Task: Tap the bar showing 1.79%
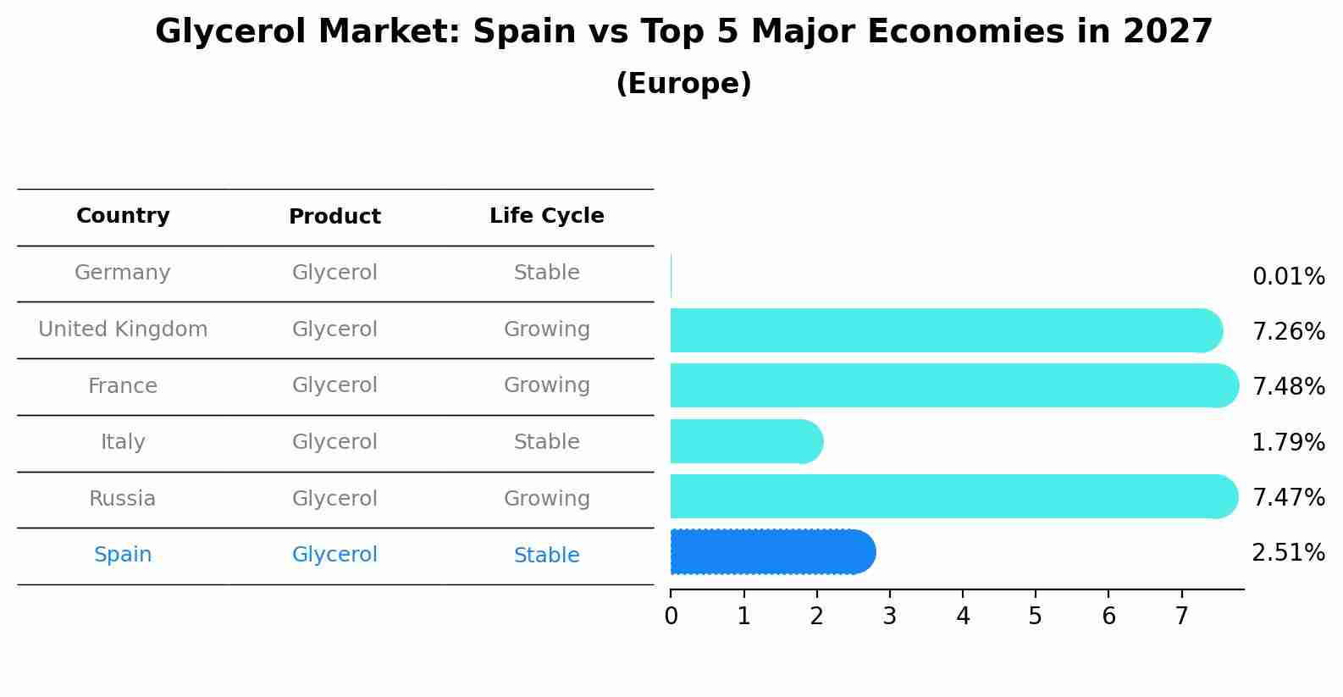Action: tap(746, 441)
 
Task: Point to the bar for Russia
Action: tap(953, 496)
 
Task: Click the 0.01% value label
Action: tap(1288, 277)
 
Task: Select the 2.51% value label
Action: tap(1288, 553)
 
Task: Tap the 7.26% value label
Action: tap(1288, 331)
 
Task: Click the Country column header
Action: tap(123, 216)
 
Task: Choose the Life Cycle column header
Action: tap(546, 216)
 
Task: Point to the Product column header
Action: tap(334, 217)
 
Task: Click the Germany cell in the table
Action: tap(123, 273)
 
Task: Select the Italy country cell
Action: tap(123, 442)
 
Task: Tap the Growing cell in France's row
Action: tap(546, 385)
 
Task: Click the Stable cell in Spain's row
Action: tap(546, 556)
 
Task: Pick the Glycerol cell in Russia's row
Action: tap(334, 499)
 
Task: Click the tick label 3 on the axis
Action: tap(889, 617)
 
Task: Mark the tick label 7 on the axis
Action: tap(1181, 617)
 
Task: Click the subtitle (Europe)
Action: tap(683, 84)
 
